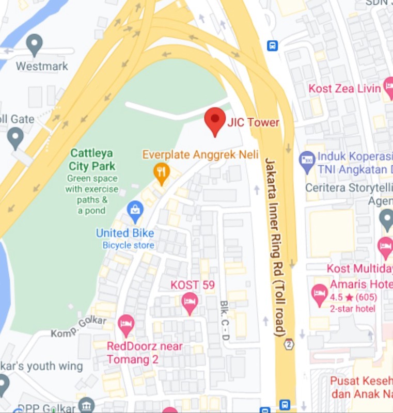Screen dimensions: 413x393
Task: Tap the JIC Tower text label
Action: pyautogui.click(x=253, y=122)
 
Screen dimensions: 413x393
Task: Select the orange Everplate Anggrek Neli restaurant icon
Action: pyautogui.click(x=162, y=172)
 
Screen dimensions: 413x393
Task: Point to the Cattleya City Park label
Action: pyautogui.click(x=92, y=160)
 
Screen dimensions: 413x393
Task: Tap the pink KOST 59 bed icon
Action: pyautogui.click(x=190, y=302)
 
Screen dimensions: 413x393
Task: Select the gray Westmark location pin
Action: pyautogui.click(x=35, y=44)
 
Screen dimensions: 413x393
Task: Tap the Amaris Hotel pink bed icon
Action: pyautogui.click(x=320, y=294)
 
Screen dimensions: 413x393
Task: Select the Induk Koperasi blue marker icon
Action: pyautogui.click(x=307, y=161)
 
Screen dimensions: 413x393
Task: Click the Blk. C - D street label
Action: pyautogui.click(x=225, y=320)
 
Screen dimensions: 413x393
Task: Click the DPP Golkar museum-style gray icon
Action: pyautogui.click(x=86, y=404)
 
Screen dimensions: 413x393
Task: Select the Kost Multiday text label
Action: pyautogui.click(x=359, y=269)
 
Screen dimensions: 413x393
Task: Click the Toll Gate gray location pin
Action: pyautogui.click(x=15, y=137)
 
